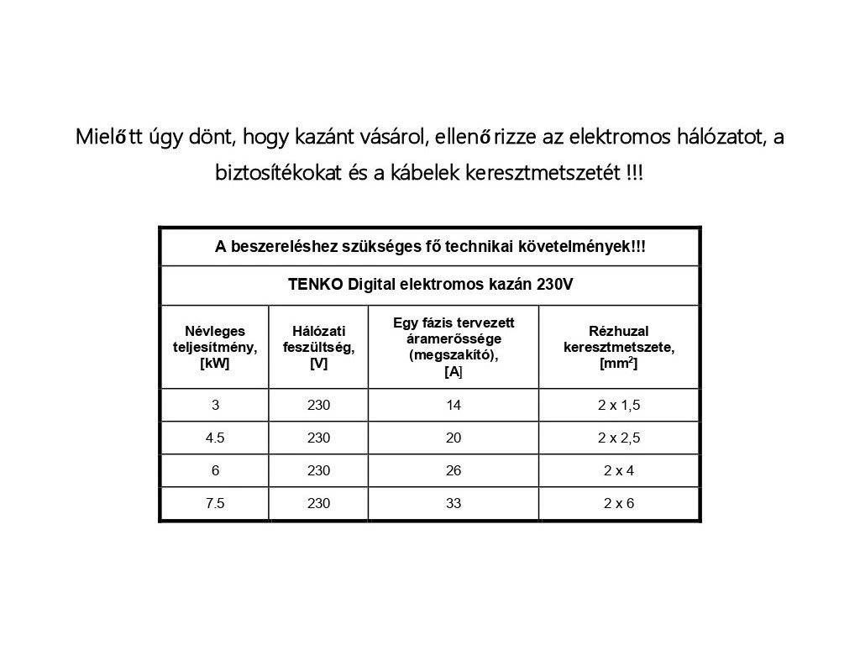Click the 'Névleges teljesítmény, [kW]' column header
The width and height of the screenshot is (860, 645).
pyautogui.click(x=215, y=347)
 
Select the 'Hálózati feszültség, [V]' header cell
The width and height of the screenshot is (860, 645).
pyautogui.click(x=318, y=347)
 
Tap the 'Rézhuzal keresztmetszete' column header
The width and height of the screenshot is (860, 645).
pyautogui.click(x=619, y=347)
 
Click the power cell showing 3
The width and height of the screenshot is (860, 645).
pyautogui.click(x=215, y=405)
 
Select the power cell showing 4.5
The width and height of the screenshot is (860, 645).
pyautogui.click(x=215, y=438)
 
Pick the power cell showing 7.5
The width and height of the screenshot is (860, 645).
pyautogui.click(x=215, y=504)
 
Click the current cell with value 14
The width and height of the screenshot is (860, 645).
pyautogui.click(x=454, y=405)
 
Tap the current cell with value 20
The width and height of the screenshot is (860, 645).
pyautogui.click(x=454, y=438)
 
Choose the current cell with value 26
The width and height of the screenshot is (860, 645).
pyautogui.click(x=454, y=470)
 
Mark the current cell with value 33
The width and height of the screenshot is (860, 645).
pyautogui.click(x=454, y=504)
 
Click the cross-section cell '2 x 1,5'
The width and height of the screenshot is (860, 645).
pyautogui.click(x=619, y=405)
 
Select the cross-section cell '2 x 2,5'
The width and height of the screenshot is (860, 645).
pyautogui.click(x=619, y=438)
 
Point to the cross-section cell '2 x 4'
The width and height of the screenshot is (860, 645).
pyautogui.click(x=619, y=470)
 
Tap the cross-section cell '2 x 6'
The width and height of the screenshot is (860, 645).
pyautogui.click(x=619, y=504)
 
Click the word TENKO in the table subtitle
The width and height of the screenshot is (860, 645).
pyautogui.click(x=315, y=284)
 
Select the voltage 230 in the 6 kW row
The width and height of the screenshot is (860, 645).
pyautogui.click(x=318, y=470)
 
